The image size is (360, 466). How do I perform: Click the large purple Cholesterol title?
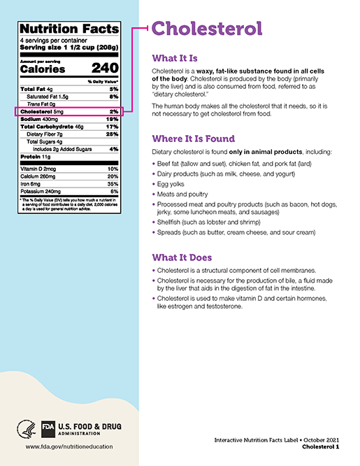(x=207, y=29)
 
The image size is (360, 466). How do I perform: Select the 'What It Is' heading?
(x=180, y=59)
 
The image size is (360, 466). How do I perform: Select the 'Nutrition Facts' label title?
(x=70, y=29)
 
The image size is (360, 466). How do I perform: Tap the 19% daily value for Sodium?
(x=113, y=120)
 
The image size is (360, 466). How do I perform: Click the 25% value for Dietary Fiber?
(x=113, y=134)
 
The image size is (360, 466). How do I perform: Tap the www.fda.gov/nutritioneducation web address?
(x=69, y=446)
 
